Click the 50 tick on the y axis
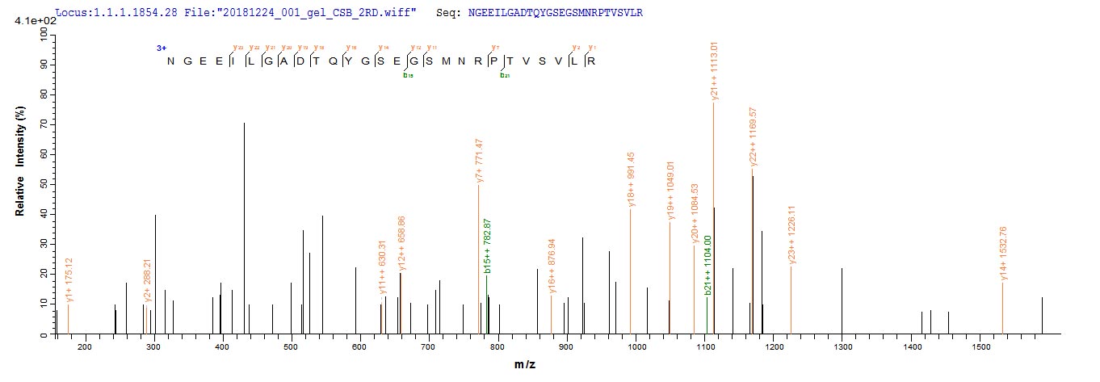point(42,184)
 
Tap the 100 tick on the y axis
point(40,33)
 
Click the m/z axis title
point(525,366)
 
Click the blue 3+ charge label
point(162,48)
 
